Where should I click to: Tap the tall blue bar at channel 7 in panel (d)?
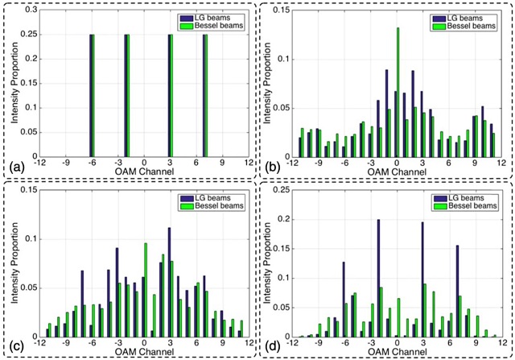pyautogui.click(x=458, y=292)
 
